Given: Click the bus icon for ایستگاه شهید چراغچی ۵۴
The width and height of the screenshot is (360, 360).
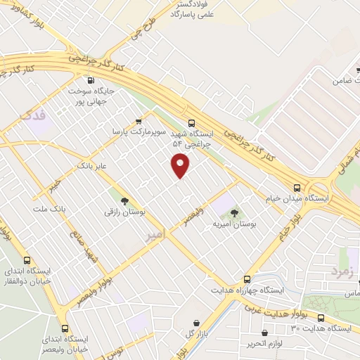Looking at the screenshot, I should click(193, 121).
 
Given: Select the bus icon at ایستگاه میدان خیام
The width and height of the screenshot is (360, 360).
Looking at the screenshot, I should click(297, 188).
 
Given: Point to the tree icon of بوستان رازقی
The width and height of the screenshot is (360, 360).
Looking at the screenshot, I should click(124, 200).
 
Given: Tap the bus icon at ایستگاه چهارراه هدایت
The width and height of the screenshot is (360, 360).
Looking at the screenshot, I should click(246, 278).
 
